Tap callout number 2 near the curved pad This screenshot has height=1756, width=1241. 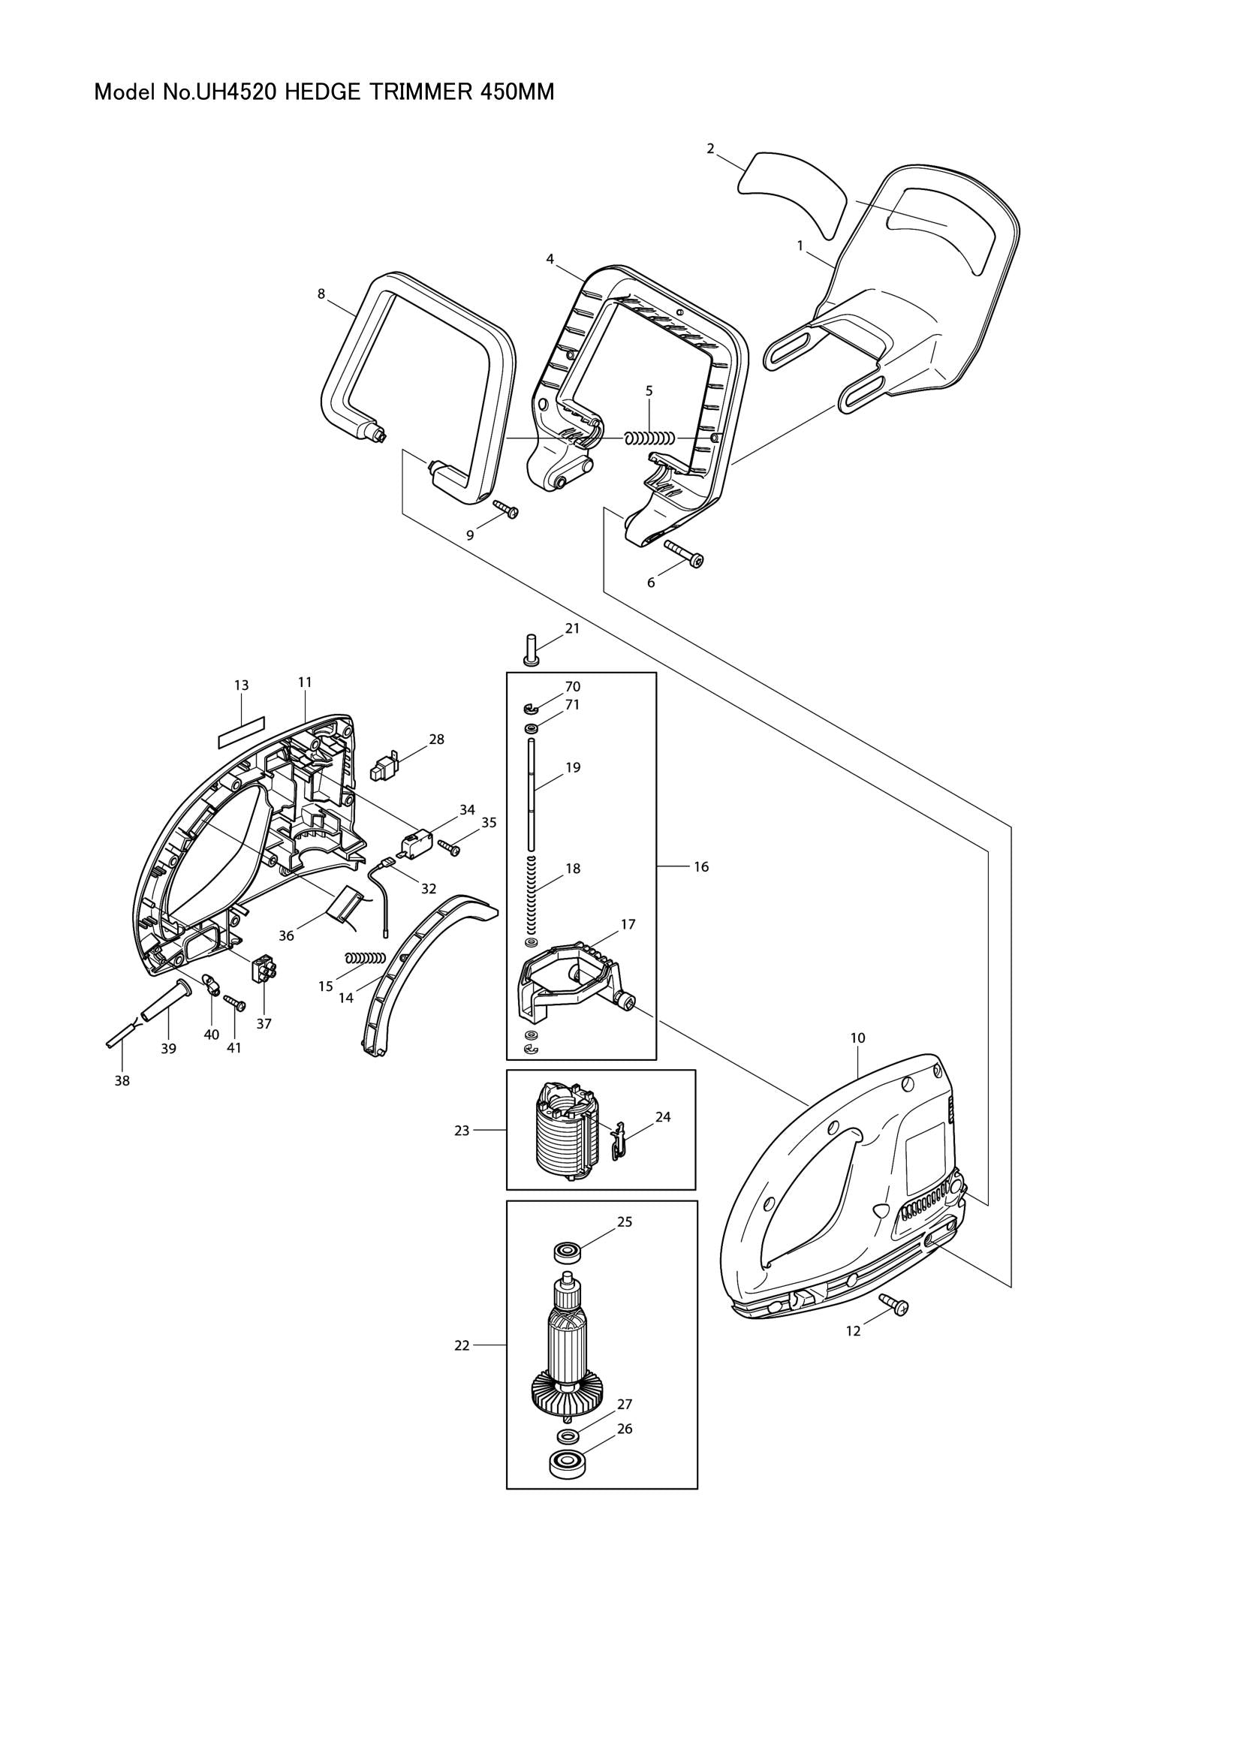(710, 149)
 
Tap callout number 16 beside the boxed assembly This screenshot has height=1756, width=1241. (701, 866)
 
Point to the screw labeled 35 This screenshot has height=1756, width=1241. (449, 848)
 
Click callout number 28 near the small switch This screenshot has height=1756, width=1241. (436, 739)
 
